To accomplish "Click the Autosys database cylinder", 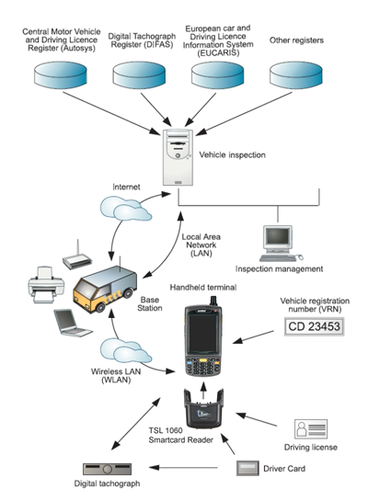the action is [x=61, y=75].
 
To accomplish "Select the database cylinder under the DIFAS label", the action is [x=139, y=75].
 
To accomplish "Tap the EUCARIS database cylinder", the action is [x=217, y=75].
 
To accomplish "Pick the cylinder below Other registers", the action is [x=295, y=75].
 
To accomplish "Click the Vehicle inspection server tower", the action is [x=178, y=157].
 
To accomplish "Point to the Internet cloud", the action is [x=126, y=209].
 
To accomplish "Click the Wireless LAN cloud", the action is [x=126, y=351].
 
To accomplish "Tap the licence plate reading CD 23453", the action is [x=314, y=326].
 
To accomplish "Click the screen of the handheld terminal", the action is [x=203, y=333].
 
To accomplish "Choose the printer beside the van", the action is [x=46, y=285].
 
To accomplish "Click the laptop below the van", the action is [x=73, y=323].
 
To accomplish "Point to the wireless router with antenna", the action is [x=77, y=257].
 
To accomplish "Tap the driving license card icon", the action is [x=311, y=428].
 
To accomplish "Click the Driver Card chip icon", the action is [x=247, y=468].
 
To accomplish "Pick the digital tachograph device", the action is [x=107, y=469].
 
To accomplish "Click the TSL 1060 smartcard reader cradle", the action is [x=203, y=408].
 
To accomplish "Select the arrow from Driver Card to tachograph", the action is [x=183, y=468].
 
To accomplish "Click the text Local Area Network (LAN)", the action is [x=201, y=245].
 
